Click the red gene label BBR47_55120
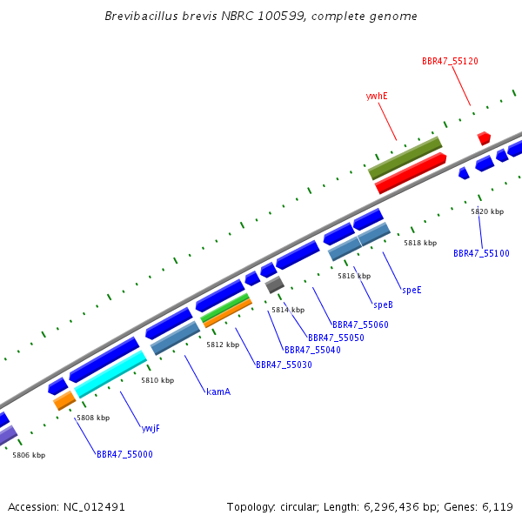click(x=450, y=61)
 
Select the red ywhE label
click(x=377, y=97)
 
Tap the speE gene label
click(x=412, y=290)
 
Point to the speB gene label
click(x=383, y=304)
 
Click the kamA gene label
click(x=218, y=391)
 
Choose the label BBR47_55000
click(x=124, y=454)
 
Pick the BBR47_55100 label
click(x=481, y=253)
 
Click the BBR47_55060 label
click(x=360, y=325)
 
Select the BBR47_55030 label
click(x=284, y=365)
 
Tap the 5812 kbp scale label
click(x=223, y=345)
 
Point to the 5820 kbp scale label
click(x=487, y=211)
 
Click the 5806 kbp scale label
click(x=29, y=455)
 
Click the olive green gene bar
click(x=405, y=158)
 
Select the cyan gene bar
click(x=110, y=374)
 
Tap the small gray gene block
click(x=275, y=284)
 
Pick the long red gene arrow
click(x=411, y=173)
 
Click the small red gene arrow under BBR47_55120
click(x=484, y=138)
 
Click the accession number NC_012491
click(x=94, y=507)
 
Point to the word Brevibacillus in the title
click(x=141, y=16)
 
